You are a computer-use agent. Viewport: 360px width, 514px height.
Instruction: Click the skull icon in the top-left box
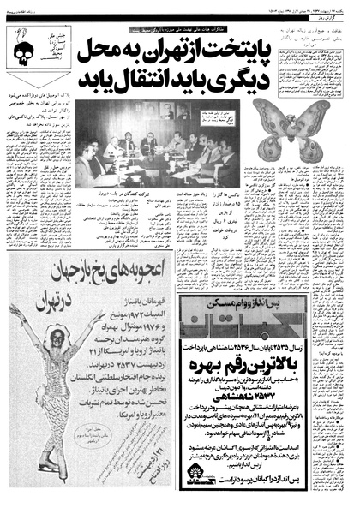point(19,44)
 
